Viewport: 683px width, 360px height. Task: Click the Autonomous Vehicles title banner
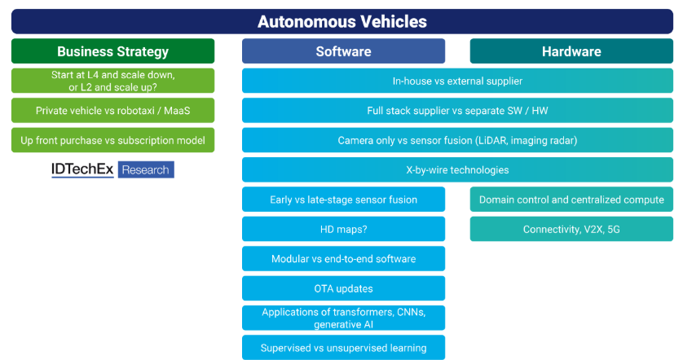tap(341, 21)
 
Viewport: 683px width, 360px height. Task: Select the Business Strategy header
tap(112, 51)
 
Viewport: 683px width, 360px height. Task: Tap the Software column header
tap(343, 51)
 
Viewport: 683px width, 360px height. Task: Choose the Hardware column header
tap(571, 51)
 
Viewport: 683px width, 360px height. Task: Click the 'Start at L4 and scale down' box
tap(112, 81)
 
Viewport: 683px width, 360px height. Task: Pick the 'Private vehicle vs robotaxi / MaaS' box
tap(112, 110)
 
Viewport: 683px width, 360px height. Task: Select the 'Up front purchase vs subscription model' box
tap(112, 140)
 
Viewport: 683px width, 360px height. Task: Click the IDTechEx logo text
tap(82, 169)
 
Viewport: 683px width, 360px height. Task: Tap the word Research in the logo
tap(146, 169)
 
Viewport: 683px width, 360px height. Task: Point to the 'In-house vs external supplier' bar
tap(457, 81)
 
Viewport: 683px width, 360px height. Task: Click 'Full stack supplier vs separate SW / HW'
tap(457, 110)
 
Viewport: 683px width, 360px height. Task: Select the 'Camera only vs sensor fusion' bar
tap(457, 140)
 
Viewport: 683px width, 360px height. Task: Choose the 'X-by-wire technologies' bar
tap(457, 169)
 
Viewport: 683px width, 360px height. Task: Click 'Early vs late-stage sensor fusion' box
tap(343, 200)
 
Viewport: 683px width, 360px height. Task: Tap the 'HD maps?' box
tap(343, 229)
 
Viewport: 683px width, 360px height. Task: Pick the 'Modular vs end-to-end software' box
tap(343, 259)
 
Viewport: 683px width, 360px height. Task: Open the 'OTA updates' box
tap(343, 288)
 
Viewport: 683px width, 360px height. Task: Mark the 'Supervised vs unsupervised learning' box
tap(343, 348)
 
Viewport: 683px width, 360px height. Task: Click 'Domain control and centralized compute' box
tap(571, 200)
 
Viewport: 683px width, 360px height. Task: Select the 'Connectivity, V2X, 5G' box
tap(571, 229)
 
